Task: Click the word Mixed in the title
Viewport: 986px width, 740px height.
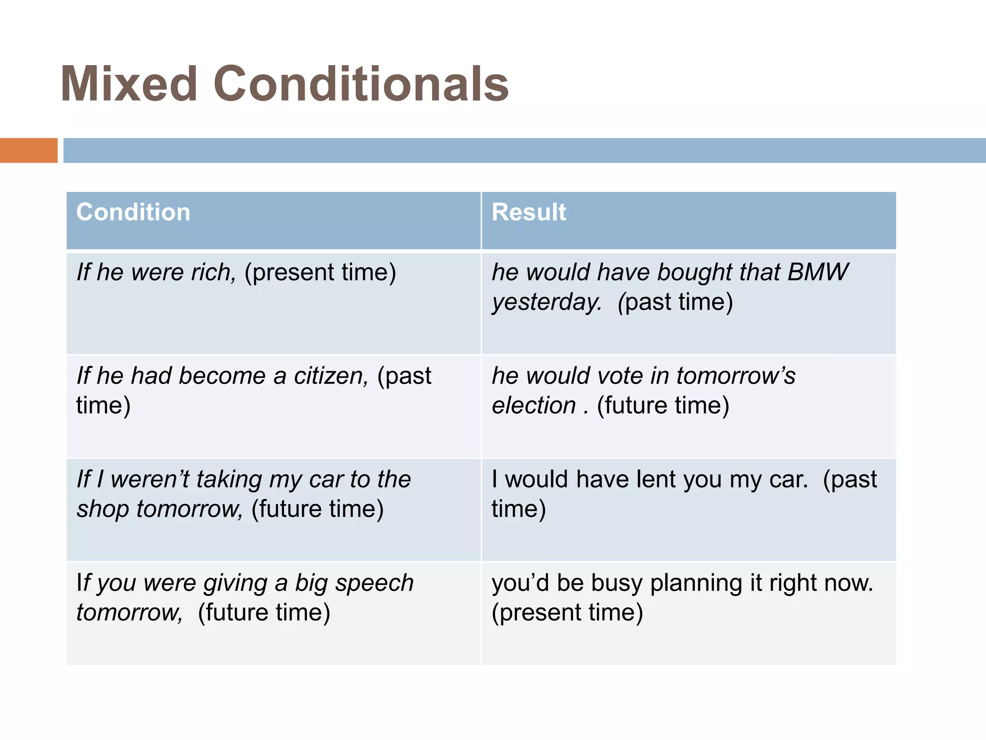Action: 129,85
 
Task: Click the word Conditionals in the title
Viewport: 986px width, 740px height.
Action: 361,85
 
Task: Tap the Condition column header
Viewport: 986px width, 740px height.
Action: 133,212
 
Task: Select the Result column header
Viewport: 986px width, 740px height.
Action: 529,212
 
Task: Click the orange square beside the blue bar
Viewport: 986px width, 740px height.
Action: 28,150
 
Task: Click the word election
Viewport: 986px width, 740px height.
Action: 533,406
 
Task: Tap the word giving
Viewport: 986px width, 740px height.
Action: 235,583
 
